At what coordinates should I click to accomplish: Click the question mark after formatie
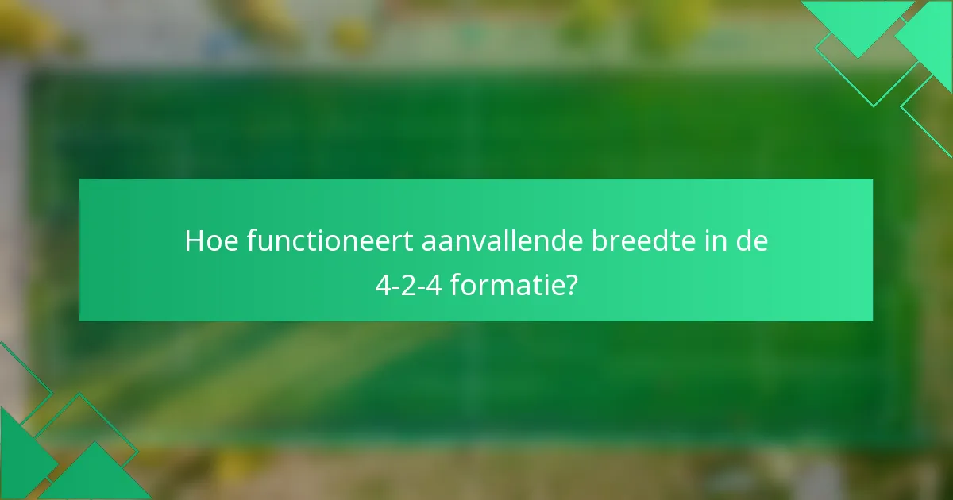pyautogui.click(x=570, y=284)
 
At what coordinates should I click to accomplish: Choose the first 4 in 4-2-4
pyautogui.click(x=383, y=284)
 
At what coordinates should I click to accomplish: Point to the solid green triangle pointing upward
pyautogui.click(x=95, y=476)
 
